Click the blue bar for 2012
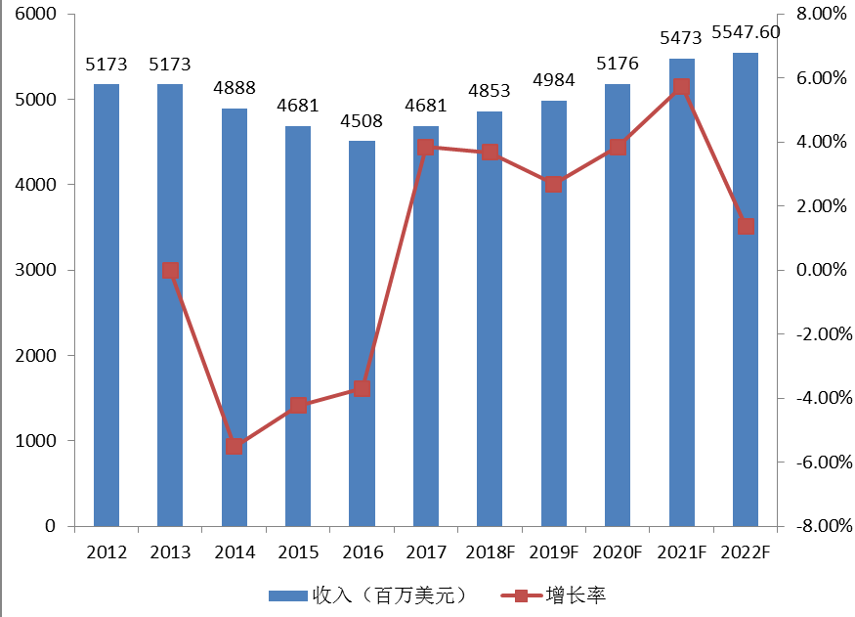pyautogui.click(x=107, y=305)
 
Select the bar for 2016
pyautogui.click(x=362, y=332)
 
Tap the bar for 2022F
pyautogui.click(x=746, y=289)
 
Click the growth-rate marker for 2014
pyautogui.click(x=235, y=446)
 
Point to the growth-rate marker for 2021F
pyautogui.click(x=681, y=87)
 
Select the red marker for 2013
pyautogui.click(x=170, y=271)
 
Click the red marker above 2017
pyautogui.click(x=426, y=148)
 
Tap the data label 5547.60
pyautogui.click(x=746, y=32)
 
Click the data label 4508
pyautogui.click(x=362, y=122)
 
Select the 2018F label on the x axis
pyautogui.click(x=490, y=552)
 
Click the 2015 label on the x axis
pyautogui.click(x=298, y=552)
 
